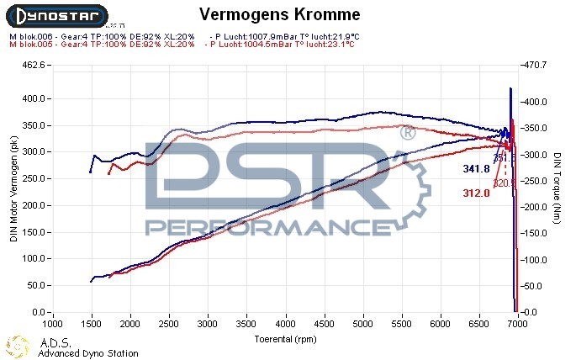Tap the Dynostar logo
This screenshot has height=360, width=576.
pos(55,14)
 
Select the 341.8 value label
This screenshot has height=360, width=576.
pos(476,169)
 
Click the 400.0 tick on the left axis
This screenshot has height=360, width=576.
pos(33,98)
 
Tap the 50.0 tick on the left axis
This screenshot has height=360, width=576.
pos(35,286)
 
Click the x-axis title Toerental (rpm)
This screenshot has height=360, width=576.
pos(286,339)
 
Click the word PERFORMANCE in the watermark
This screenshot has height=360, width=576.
pos(260,228)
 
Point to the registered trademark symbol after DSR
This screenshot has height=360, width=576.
pos(406,134)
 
